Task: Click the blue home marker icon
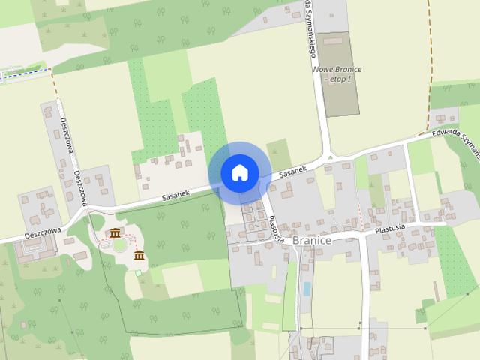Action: click(239, 172)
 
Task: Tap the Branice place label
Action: click(312, 240)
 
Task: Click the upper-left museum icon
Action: click(115, 233)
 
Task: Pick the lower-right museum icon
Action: click(139, 256)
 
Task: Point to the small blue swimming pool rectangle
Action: click(305, 288)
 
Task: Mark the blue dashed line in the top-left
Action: click(26, 72)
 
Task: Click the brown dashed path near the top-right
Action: click(430, 67)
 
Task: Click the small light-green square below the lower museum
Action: click(138, 271)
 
